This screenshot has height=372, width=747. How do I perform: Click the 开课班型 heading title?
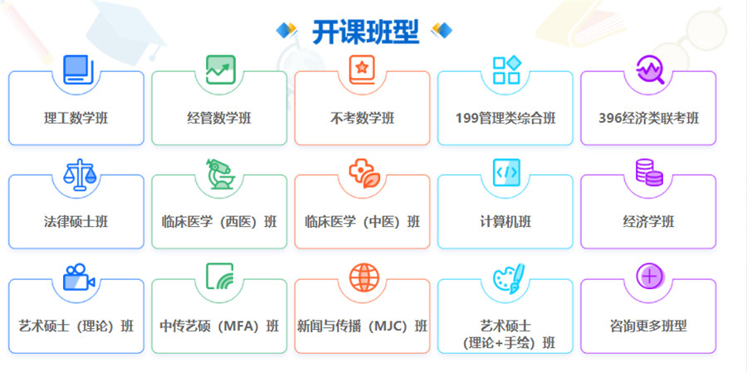point(365,31)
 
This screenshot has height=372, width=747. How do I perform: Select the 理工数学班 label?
point(76,118)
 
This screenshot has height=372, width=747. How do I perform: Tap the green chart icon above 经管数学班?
point(220,69)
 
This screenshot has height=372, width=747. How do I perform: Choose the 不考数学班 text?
point(363,118)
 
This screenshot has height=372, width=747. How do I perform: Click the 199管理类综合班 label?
point(505,118)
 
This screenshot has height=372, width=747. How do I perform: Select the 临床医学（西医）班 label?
point(220,222)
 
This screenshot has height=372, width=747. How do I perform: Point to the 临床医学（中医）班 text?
point(363,222)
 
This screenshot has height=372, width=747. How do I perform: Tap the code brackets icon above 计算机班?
point(506,172)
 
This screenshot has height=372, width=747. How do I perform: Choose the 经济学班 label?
point(648,222)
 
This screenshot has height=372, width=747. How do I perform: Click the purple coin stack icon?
point(648,172)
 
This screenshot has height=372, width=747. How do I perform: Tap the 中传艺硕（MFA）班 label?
point(220,326)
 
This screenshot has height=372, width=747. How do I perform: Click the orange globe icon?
point(364,278)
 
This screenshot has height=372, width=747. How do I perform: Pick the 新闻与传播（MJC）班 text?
point(363,326)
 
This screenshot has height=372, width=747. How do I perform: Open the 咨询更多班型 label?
point(648,326)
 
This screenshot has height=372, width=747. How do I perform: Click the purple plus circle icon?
point(649,277)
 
